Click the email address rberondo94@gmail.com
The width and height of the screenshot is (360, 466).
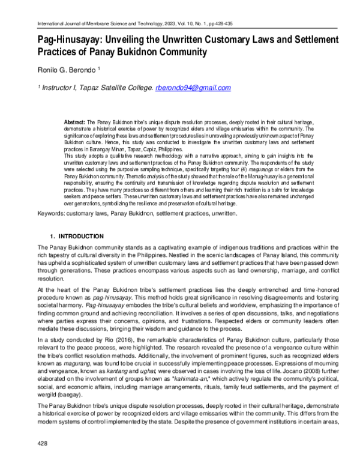pos(193,88)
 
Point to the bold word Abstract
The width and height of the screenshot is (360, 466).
pos(74,121)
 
